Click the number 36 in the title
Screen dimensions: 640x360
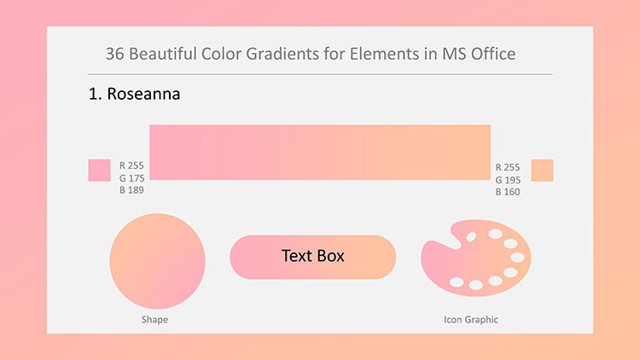pos(114,54)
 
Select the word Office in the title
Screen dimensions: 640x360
pos(493,54)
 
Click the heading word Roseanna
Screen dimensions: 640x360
pos(143,94)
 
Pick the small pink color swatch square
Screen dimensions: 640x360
pos(99,171)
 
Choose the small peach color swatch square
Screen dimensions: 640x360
pos(542,171)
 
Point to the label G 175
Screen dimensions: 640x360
pos(131,178)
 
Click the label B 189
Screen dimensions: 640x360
pos(131,189)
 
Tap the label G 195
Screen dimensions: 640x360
pos(508,180)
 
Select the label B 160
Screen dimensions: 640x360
pos(508,192)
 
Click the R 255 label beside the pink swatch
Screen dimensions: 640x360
pos(131,165)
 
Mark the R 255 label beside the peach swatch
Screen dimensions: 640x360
pos(508,167)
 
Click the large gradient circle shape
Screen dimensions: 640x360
pos(157,261)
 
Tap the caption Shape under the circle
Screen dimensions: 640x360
pos(154,320)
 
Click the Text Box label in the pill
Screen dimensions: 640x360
pos(313,256)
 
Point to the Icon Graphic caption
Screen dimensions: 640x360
pos(471,320)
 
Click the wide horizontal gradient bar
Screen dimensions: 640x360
pos(320,152)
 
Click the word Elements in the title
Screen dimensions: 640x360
pos(384,54)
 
